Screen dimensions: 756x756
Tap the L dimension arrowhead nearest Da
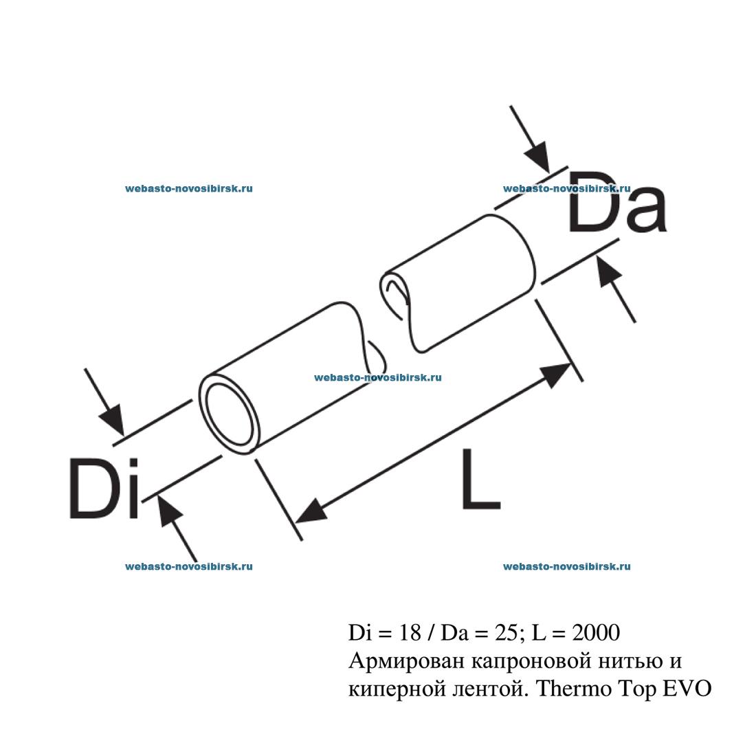pos(557,372)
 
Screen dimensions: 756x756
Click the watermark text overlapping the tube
pos(377,377)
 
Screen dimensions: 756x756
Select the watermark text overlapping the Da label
pos(566,188)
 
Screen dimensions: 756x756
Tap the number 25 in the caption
pos(506,631)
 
